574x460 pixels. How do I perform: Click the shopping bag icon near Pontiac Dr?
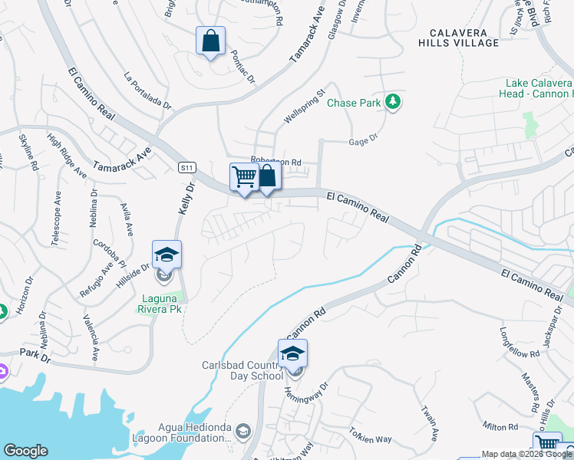click(x=210, y=41)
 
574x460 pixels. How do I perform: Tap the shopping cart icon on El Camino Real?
click(x=244, y=177)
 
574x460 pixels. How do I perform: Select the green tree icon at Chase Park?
click(x=393, y=102)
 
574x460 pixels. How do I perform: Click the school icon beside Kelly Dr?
click(x=167, y=254)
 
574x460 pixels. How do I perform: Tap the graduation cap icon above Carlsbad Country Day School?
click(x=292, y=354)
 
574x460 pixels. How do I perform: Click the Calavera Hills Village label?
click(x=459, y=38)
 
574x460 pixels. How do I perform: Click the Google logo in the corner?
click(x=25, y=451)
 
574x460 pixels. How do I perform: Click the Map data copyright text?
click(x=526, y=454)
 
